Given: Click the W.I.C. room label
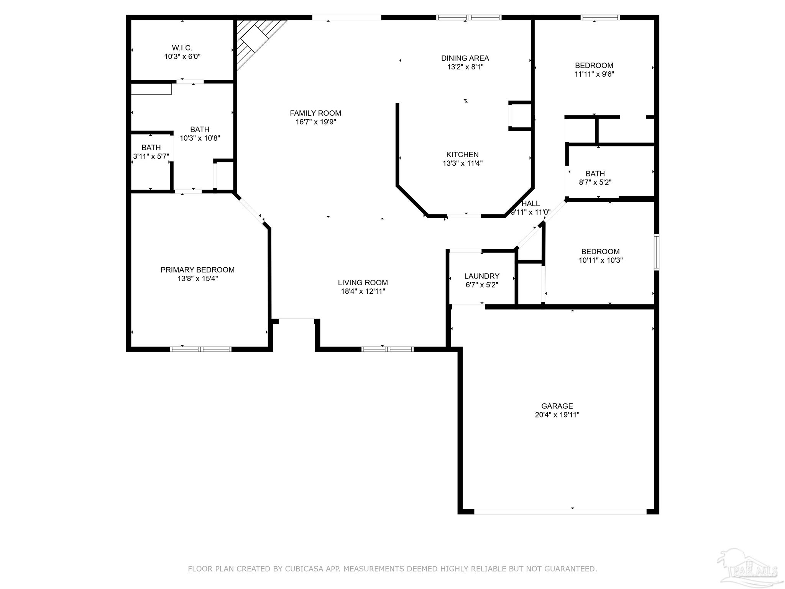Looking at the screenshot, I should pos(182,48).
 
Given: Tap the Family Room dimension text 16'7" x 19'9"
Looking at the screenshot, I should pos(315,122).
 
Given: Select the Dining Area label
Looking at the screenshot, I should pos(465,58).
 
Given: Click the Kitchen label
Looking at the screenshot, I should pos(462,155).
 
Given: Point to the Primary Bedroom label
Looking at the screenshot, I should pos(197,270).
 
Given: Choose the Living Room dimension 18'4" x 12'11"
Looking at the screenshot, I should pos(363,291).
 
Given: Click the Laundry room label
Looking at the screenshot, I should pos(481,276).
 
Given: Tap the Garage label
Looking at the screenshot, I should pos(557,406).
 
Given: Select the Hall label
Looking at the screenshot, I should pos(530,204).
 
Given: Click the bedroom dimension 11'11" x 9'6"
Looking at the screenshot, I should pos(594,74).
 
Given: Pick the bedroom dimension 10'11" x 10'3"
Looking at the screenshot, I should pos(600,260).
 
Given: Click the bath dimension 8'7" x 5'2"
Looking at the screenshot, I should pos(595,183).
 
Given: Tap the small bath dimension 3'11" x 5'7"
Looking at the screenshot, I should pos(151,156).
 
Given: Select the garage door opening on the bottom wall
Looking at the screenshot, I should pos(560,512).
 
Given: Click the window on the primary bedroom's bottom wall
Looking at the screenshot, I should pos(200,349).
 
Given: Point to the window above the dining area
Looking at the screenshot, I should pos(469,18).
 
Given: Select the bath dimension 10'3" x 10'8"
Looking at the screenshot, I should pos(200,138).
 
